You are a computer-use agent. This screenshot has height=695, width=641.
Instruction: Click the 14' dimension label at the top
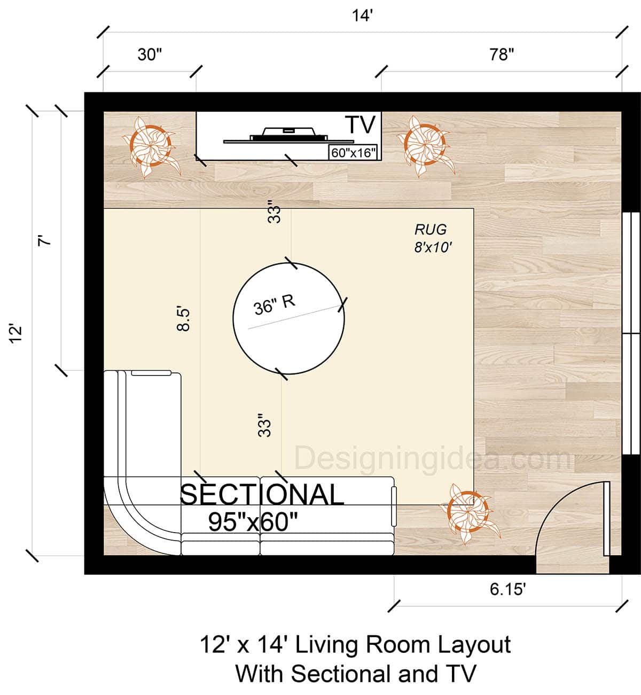click(362, 16)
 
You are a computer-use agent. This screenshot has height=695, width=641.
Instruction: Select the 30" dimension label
click(150, 54)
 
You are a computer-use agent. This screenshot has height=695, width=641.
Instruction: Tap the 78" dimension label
click(502, 54)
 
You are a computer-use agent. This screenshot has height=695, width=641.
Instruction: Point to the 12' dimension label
click(17, 332)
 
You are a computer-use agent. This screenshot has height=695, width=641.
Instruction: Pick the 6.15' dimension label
click(507, 589)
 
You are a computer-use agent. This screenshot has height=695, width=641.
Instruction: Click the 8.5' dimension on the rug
click(183, 318)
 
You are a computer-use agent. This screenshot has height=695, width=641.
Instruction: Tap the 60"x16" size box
click(354, 153)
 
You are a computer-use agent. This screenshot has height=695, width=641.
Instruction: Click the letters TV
click(362, 125)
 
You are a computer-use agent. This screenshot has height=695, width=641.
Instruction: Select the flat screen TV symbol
click(276, 135)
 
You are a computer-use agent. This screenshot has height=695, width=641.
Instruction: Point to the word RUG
click(431, 230)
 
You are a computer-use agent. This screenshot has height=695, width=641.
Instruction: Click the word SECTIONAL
click(262, 495)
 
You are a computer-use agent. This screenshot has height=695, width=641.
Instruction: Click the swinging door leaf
click(606, 518)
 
